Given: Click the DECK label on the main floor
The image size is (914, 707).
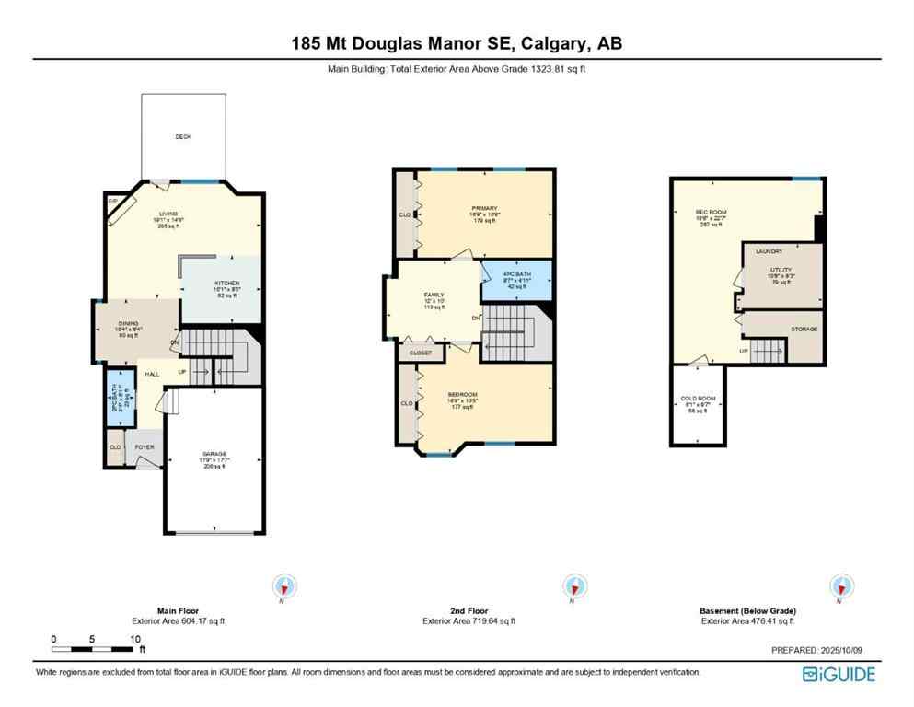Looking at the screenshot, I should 183,136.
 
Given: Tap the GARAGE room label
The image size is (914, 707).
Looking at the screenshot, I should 214,454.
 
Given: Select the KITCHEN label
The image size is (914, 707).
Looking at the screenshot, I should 227,283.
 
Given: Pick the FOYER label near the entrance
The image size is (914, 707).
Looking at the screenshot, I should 145,447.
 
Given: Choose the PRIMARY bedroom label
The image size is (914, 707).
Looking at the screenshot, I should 484,208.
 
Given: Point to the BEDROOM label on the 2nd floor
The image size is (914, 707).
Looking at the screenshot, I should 463,394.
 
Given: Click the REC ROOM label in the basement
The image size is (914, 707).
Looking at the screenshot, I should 711,212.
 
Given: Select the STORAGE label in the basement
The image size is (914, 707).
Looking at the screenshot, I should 804,329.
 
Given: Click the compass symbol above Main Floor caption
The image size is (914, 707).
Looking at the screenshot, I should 284,585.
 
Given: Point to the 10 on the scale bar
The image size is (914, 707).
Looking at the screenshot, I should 134,638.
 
